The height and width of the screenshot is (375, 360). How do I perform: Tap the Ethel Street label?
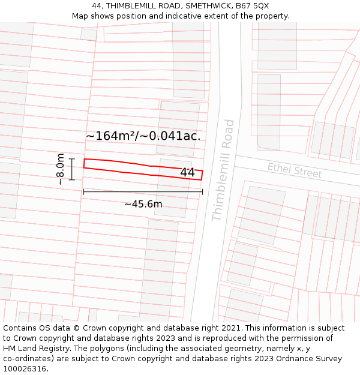[295, 171]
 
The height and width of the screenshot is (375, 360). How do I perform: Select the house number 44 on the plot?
[187, 173]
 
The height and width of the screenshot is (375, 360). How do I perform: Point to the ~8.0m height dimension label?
[60, 169]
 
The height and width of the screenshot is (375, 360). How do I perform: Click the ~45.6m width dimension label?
[143, 204]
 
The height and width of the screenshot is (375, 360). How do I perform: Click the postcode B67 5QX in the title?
[253, 6]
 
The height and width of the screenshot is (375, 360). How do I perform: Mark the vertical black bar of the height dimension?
[71, 169]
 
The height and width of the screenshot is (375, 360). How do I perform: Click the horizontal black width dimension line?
[143, 192]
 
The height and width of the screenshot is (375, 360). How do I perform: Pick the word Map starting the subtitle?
[80, 16]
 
